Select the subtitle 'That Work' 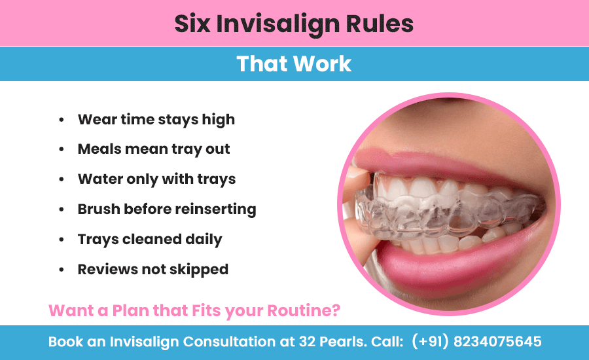pyautogui.click(x=294, y=63)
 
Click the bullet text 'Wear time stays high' pyautogui.click(x=156, y=120)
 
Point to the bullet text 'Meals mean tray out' pyautogui.click(x=154, y=149)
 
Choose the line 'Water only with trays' pyautogui.click(x=156, y=179)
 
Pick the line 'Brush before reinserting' pyautogui.click(x=166, y=209)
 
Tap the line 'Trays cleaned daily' pyautogui.click(x=150, y=240)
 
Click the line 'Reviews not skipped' pyautogui.click(x=152, y=269)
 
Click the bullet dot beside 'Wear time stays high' pyautogui.click(x=62, y=120)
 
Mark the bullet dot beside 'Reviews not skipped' pyautogui.click(x=62, y=270)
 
